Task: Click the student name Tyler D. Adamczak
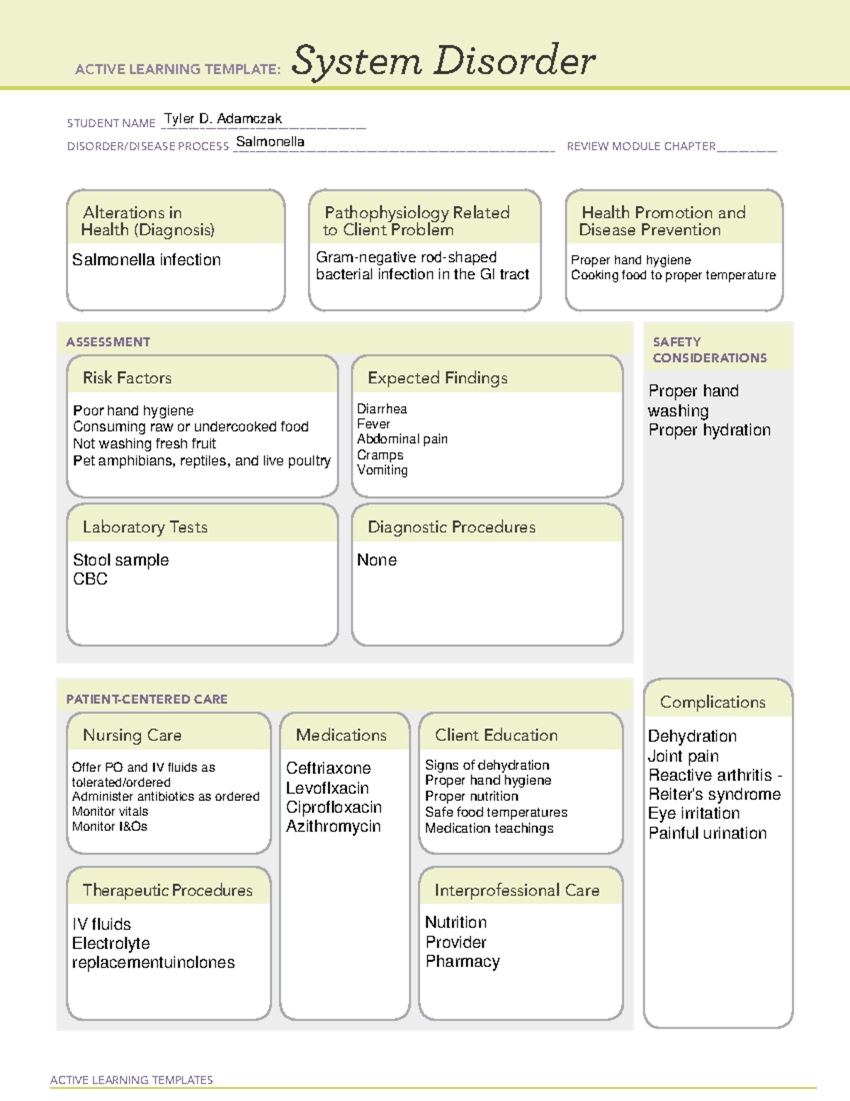(x=223, y=119)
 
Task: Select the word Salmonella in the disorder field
(x=270, y=142)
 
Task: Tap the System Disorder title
(x=443, y=61)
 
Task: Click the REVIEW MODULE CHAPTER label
(x=640, y=147)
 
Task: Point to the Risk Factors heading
(x=127, y=378)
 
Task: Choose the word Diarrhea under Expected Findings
(x=382, y=409)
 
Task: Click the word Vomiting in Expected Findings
(x=382, y=470)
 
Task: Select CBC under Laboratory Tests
(x=91, y=579)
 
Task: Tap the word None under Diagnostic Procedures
(x=377, y=560)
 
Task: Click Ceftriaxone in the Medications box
(x=329, y=769)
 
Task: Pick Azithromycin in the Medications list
(x=334, y=827)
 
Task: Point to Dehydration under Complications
(x=692, y=737)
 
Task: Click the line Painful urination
(x=708, y=834)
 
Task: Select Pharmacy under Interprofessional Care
(x=463, y=962)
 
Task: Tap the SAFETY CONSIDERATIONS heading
(x=709, y=350)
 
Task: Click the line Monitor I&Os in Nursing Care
(x=110, y=827)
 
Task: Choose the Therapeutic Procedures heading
(x=168, y=890)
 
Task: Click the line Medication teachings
(x=489, y=829)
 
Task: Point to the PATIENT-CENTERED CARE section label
(x=147, y=700)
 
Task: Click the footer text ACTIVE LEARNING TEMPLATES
(x=132, y=1080)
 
